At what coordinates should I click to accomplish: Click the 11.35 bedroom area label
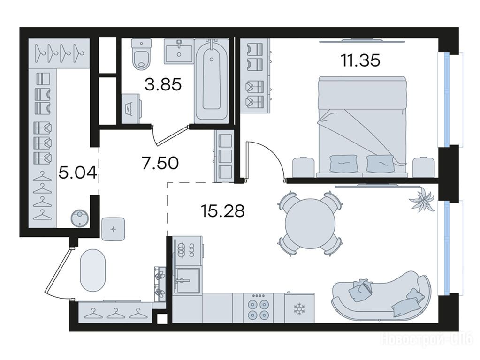[360, 60]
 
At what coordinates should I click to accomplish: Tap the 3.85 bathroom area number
[163, 84]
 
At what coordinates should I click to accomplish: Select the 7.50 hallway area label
[160, 163]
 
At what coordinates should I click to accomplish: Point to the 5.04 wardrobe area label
[78, 173]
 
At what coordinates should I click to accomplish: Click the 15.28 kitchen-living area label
[222, 210]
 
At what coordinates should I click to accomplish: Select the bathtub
[212, 81]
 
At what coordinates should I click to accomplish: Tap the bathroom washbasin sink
[179, 51]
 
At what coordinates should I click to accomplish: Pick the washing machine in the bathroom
[131, 108]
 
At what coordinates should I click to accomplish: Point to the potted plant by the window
[423, 199]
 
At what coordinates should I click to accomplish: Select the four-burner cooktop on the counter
[258, 307]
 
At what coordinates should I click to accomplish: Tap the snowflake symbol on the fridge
[298, 309]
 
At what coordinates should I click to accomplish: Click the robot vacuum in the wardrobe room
[80, 218]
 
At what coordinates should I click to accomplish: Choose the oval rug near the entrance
[93, 270]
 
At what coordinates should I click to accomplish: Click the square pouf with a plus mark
[113, 229]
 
